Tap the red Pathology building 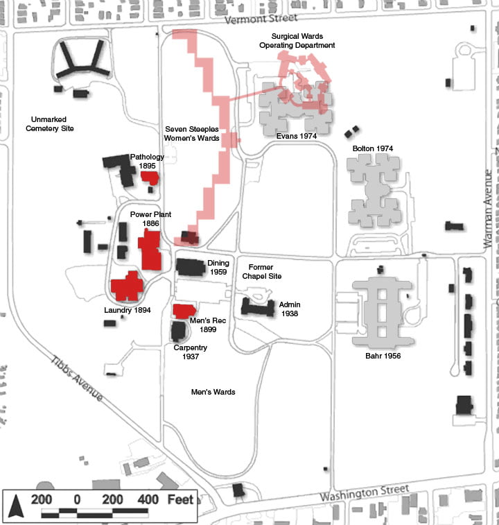[149, 177]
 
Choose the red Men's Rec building [184, 311]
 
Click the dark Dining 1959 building [190, 266]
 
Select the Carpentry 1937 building [178, 331]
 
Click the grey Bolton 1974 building [375, 184]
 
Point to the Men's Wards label [213, 392]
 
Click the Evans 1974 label [296, 136]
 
